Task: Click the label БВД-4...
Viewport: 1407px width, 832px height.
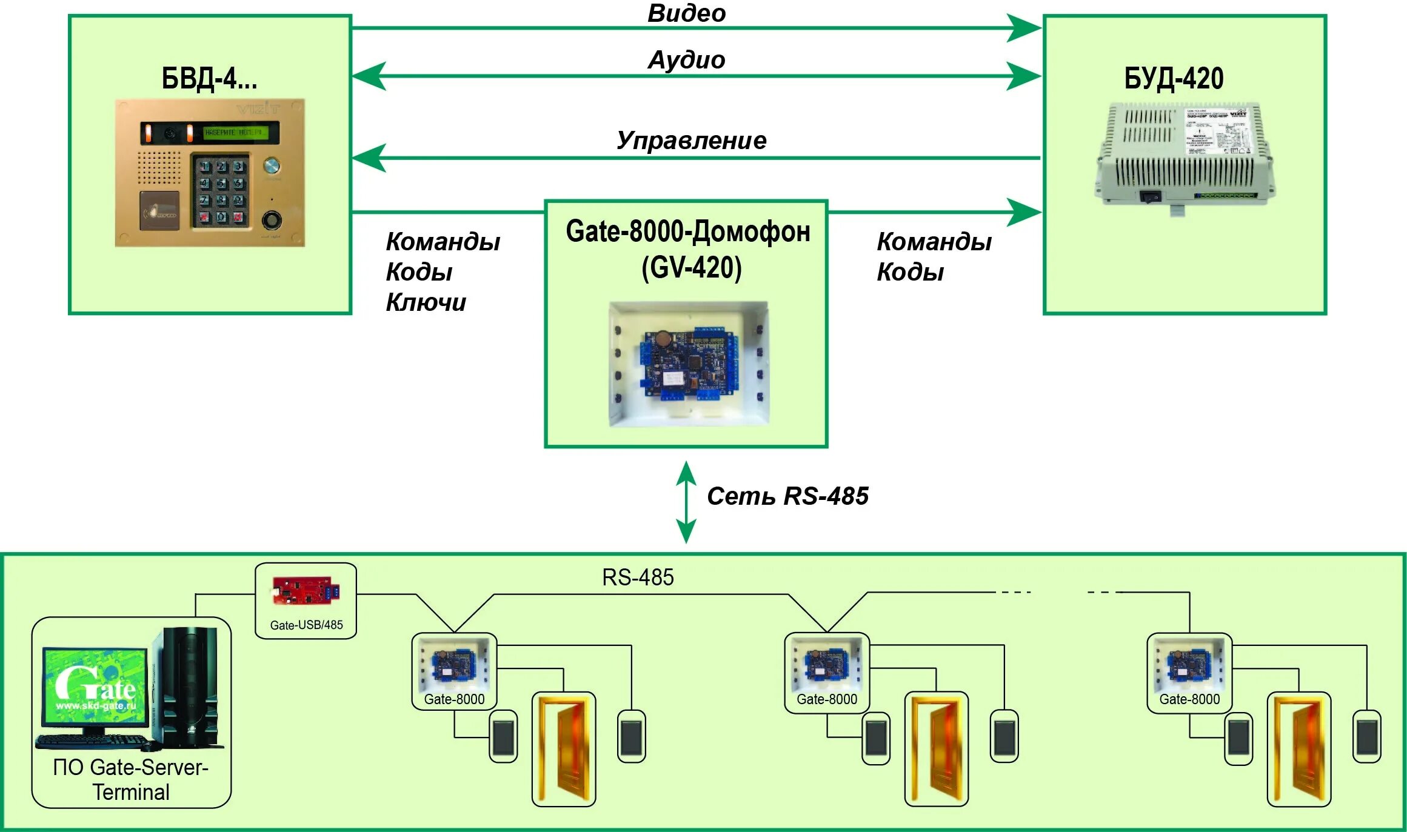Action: [x=209, y=79]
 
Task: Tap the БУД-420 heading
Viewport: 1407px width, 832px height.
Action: [x=1174, y=79]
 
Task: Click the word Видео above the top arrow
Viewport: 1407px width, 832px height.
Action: [x=686, y=13]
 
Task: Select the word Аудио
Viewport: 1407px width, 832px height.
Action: [x=686, y=60]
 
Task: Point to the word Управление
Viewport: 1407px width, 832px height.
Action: [x=691, y=141]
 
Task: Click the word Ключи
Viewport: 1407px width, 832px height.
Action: [x=426, y=302]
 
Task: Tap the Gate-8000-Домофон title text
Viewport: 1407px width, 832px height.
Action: [x=687, y=232]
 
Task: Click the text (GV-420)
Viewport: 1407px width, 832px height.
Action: [x=691, y=268]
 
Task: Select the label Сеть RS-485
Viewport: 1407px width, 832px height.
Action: [x=787, y=496]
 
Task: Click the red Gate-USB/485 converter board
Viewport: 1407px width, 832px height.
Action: [x=306, y=591]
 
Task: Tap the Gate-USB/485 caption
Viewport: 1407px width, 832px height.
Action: [x=306, y=625]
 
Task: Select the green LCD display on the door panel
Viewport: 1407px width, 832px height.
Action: [x=233, y=132]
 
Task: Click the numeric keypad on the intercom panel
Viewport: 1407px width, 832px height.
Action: [x=221, y=191]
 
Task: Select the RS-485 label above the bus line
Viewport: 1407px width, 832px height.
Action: [x=638, y=577]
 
